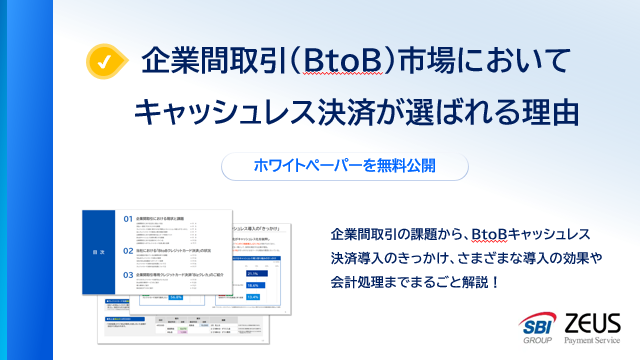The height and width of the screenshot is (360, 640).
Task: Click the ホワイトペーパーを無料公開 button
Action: (331, 164)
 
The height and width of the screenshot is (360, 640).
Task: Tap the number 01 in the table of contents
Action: (127, 217)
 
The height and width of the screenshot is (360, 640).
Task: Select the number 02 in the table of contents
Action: (127, 250)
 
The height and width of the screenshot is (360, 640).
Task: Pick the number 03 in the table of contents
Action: (127, 274)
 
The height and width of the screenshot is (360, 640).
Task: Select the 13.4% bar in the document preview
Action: (252, 296)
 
